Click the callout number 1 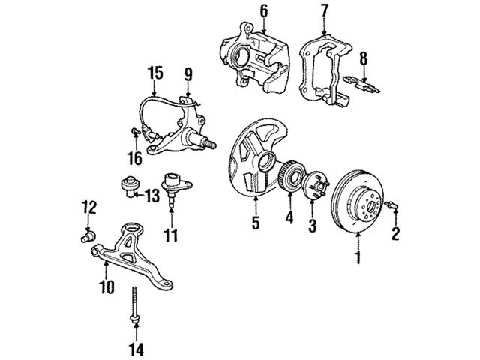point(358,259)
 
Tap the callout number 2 point(396,235)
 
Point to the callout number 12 point(88,205)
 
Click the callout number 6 point(242,10)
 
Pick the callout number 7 point(324,10)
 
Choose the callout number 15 point(154,73)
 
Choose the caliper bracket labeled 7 point(322,71)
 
